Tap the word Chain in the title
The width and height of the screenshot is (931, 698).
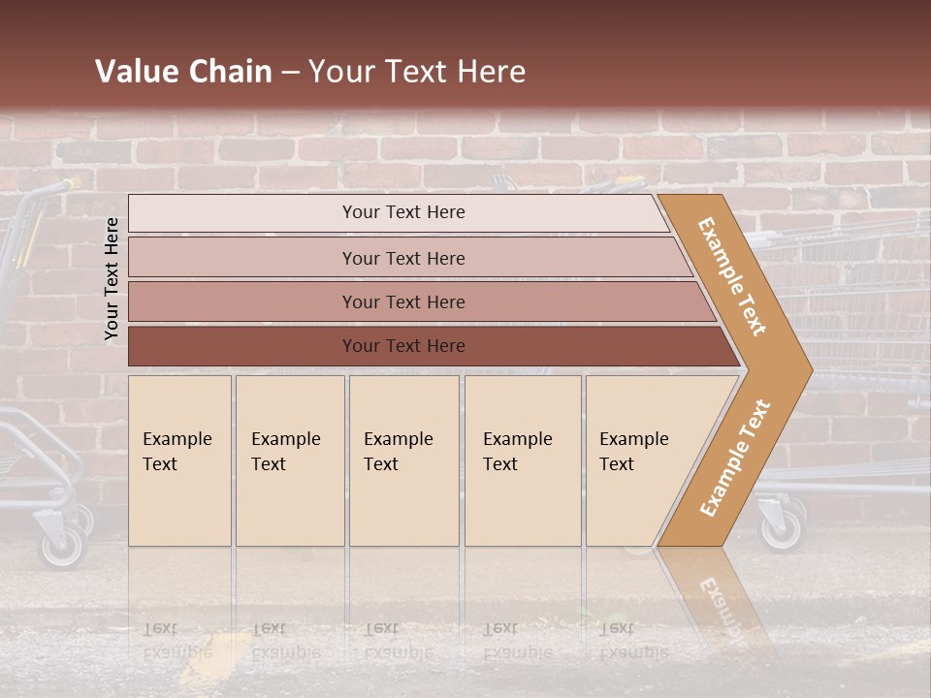pos(230,71)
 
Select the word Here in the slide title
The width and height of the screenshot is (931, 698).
pos(491,71)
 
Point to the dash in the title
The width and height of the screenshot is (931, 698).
pos(291,72)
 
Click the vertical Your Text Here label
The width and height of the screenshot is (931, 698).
pos(112,278)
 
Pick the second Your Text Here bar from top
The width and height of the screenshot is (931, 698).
pos(402,258)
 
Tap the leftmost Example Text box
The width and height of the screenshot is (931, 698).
pos(179,460)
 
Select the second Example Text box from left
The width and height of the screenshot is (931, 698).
pos(290,460)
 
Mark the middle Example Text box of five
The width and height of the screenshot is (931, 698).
pos(403,460)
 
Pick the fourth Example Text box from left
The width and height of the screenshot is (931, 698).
pos(523,460)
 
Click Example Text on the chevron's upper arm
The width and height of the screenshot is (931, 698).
pos(732,276)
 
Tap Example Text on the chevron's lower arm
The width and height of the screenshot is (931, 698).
pos(735,458)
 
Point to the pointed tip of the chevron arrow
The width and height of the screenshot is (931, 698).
pos(810,369)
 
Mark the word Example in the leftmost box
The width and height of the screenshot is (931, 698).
pos(177,439)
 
